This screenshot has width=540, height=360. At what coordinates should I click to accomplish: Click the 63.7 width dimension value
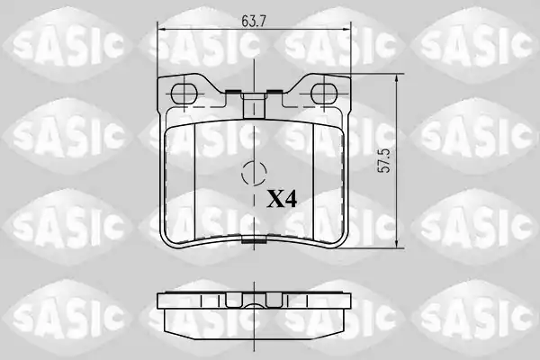click(254, 22)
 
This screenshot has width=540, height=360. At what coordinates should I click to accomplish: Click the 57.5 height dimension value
click(383, 161)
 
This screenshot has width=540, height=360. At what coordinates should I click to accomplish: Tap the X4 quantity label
click(282, 200)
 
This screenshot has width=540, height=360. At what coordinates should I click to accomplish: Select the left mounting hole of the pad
click(184, 94)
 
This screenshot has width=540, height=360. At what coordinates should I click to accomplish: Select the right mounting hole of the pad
click(324, 94)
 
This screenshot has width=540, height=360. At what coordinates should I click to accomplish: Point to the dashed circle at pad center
click(254, 173)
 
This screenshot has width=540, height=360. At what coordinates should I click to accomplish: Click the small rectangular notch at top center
click(254, 105)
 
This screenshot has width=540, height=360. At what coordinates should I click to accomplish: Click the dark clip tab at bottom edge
click(254, 241)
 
